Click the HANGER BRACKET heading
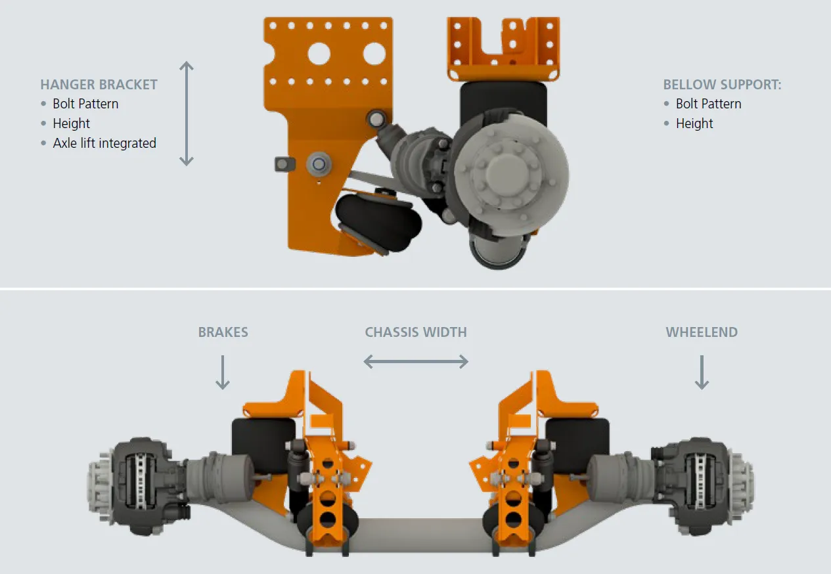(x=99, y=85)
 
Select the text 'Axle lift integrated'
(x=104, y=143)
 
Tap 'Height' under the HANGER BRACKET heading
(x=71, y=123)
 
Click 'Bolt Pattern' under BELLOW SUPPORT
(x=709, y=104)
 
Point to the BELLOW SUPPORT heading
(x=722, y=85)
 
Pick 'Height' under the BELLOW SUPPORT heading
(x=694, y=123)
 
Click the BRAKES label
(x=223, y=332)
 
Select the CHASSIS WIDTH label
(x=416, y=332)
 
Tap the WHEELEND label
(x=702, y=332)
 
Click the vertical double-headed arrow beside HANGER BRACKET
(x=186, y=113)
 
